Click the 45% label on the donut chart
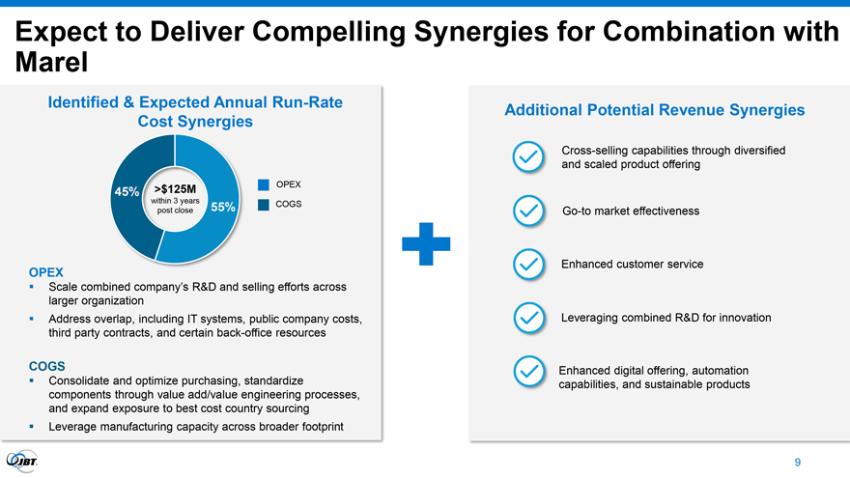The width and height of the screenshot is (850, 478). click(127, 192)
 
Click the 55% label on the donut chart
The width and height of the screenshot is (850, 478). click(223, 207)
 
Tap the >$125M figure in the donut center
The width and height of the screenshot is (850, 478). click(175, 189)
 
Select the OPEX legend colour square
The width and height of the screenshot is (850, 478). click(264, 184)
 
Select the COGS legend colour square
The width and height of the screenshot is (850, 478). click(264, 205)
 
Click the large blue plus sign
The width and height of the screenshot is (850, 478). click(426, 244)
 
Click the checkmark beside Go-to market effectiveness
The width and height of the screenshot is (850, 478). click(528, 211)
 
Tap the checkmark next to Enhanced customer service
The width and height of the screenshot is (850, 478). click(528, 265)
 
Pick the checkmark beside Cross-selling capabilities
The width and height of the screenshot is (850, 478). click(528, 157)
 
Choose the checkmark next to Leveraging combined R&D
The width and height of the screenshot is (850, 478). click(529, 318)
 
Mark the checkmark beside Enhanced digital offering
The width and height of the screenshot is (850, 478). click(529, 371)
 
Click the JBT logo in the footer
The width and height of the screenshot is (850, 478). click(21, 462)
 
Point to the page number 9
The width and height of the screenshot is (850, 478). click(798, 463)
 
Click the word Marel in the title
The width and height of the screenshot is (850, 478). click(51, 62)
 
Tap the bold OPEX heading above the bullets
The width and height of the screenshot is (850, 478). click(46, 272)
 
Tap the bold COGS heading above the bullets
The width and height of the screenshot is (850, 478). click(47, 366)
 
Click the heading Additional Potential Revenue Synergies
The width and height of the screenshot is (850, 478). click(654, 110)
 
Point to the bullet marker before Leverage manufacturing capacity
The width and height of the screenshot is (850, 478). click(32, 427)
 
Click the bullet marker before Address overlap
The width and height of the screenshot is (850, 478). click(32, 319)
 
